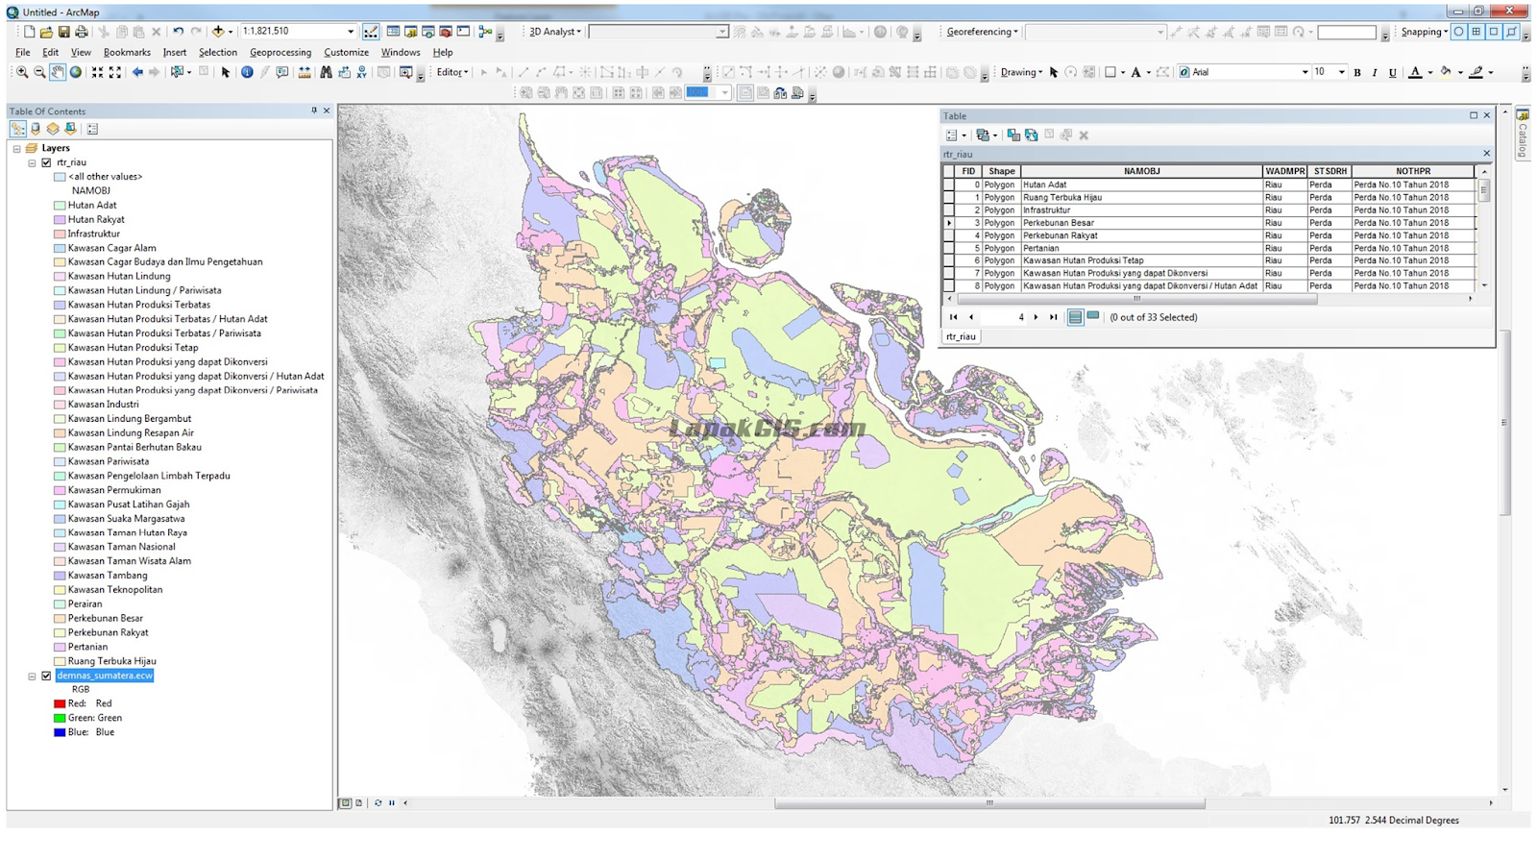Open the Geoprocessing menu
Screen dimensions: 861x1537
click(280, 52)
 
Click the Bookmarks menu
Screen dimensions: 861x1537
click(127, 52)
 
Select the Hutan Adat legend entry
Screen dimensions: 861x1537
click(92, 205)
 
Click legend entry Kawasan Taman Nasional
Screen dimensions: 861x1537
click(121, 547)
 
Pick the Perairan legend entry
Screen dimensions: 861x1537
click(85, 603)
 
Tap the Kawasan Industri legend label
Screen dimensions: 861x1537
click(103, 405)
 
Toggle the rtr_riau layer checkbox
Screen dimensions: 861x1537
click(46, 162)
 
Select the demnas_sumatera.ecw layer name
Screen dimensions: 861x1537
click(104, 676)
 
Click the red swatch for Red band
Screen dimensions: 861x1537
click(60, 703)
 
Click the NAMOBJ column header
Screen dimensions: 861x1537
click(1141, 171)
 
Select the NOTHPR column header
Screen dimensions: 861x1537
click(1412, 171)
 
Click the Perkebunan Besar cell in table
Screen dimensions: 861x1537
click(1058, 222)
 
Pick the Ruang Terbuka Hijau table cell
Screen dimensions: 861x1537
click(1061, 197)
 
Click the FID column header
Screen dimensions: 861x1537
click(967, 171)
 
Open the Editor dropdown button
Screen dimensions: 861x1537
click(451, 72)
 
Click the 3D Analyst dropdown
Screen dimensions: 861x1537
click(554, 32)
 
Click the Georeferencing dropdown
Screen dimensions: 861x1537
click(981, 32)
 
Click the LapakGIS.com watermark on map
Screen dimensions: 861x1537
click(767, 429)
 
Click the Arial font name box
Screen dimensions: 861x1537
click(1244, 72)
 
